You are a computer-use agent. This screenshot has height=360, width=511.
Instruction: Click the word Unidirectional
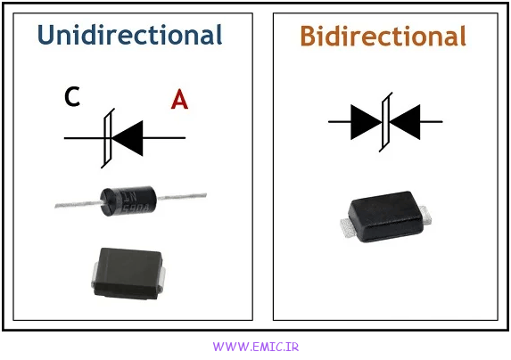pyautogui.click(x=129, y=35)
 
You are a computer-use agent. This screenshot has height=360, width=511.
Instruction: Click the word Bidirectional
pyautogui.click(x=383, y=36)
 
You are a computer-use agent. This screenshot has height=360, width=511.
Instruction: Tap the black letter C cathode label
pyautogui.click(x=72, y=96)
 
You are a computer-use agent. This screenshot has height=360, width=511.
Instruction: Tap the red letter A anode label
pyautogui.click(x=179, y=99)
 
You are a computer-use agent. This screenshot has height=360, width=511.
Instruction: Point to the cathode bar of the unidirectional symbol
pyautogui.click(x=108, y=138)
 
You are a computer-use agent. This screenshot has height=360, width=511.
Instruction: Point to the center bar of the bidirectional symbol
pyautogui.click(x=385, y=122)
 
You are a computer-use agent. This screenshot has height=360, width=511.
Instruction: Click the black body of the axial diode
pyautogui.click(x=128, y=201)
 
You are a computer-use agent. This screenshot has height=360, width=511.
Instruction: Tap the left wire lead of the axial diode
pyautogui.click(x=78, y=204)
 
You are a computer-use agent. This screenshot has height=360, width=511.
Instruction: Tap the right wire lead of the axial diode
pyautogui.click(x=182, y=196)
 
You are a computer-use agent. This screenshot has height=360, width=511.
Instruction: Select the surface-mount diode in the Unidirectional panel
pyautogui.click(x=128, y=274)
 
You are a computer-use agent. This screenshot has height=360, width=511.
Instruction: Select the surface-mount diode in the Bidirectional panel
pyautogui.click(x=386, y=217)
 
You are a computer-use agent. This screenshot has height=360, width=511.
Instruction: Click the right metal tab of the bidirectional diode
pyautogui.click(x=426, y=215)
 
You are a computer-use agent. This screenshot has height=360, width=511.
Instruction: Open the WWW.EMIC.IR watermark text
pyautogui.click(x=256, y=347)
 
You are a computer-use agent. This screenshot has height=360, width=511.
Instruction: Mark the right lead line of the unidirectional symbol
pyautogui.click(x=164, y=138)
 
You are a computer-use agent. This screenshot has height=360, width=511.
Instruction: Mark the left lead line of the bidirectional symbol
pyautogui.click(x=339, y=122)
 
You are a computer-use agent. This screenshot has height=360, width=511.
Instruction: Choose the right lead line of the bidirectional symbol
pyautogui.click(x=432, y=122)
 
